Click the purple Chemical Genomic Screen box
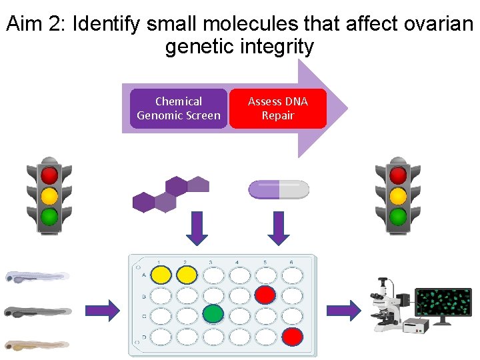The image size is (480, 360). [x=178, y=109]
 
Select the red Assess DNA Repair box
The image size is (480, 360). [x=278, y=109]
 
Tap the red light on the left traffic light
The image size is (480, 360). [x=49, y=175]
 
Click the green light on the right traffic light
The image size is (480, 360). [x=398, y=217]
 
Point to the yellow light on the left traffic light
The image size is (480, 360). [x=49, y=196]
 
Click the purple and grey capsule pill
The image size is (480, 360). [x=279, y=190]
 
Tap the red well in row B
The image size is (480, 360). [x=265, y=293]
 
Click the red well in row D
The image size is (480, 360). [x=291, y=337]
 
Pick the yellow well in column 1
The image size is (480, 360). [x=161, y=274]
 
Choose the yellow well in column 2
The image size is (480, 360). [x=187, y=274]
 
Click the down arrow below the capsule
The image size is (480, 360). [x=279, y=228]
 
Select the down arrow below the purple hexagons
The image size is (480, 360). [x=198, y=228]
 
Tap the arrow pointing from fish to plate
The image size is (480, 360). [x=103, y=309]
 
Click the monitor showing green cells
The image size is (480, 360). [x=443, y=306]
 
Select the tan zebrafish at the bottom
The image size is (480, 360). [x=37, y=345]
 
